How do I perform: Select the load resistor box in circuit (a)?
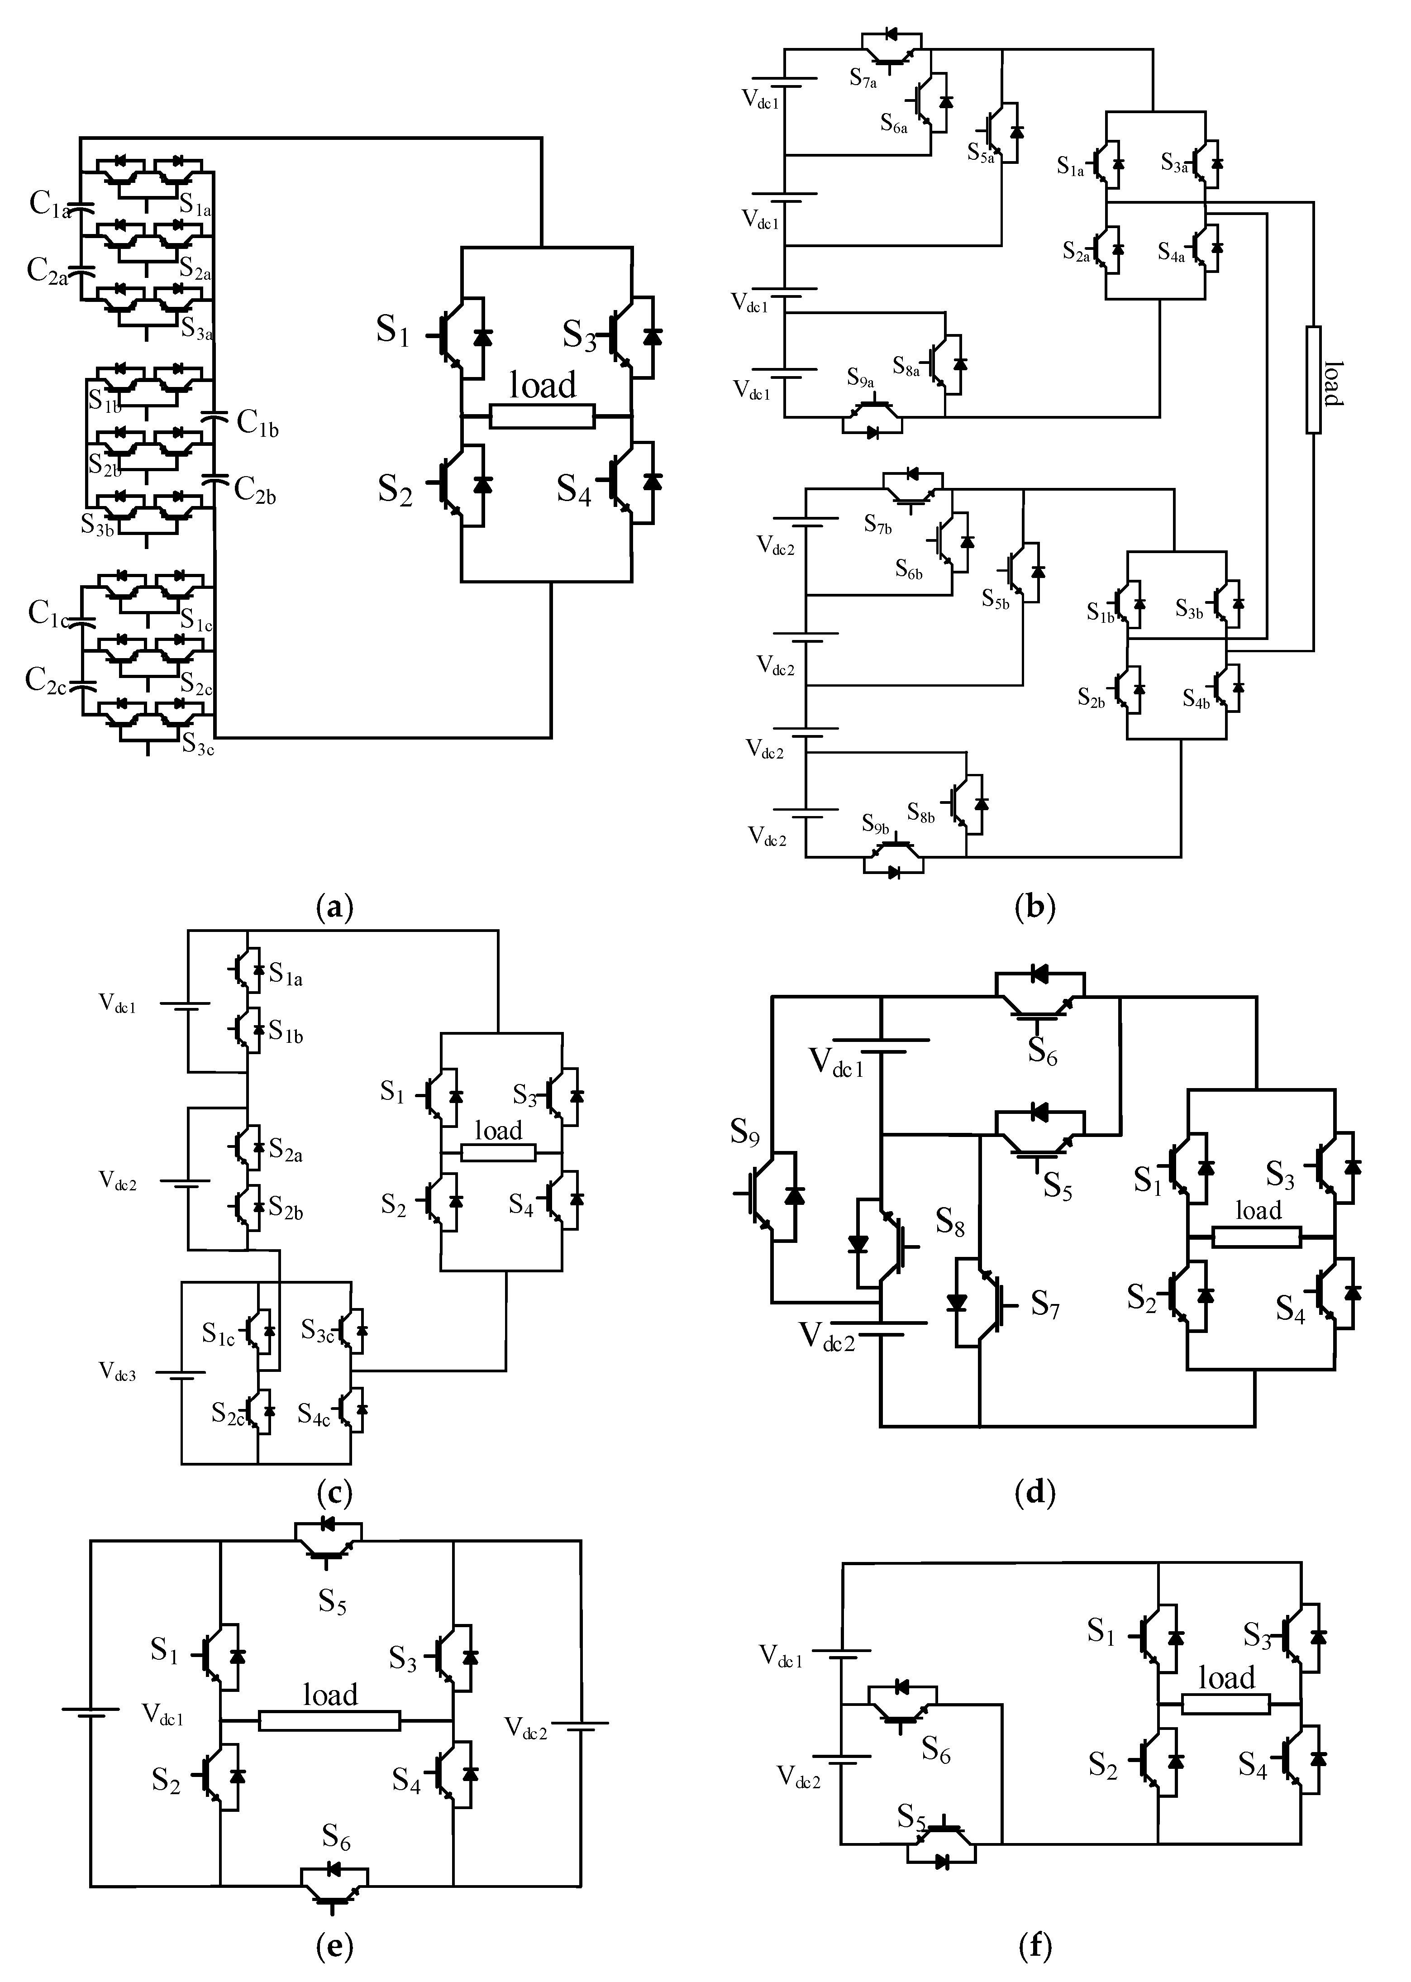click(542, 416)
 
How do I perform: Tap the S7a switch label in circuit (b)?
click(863, 79)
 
